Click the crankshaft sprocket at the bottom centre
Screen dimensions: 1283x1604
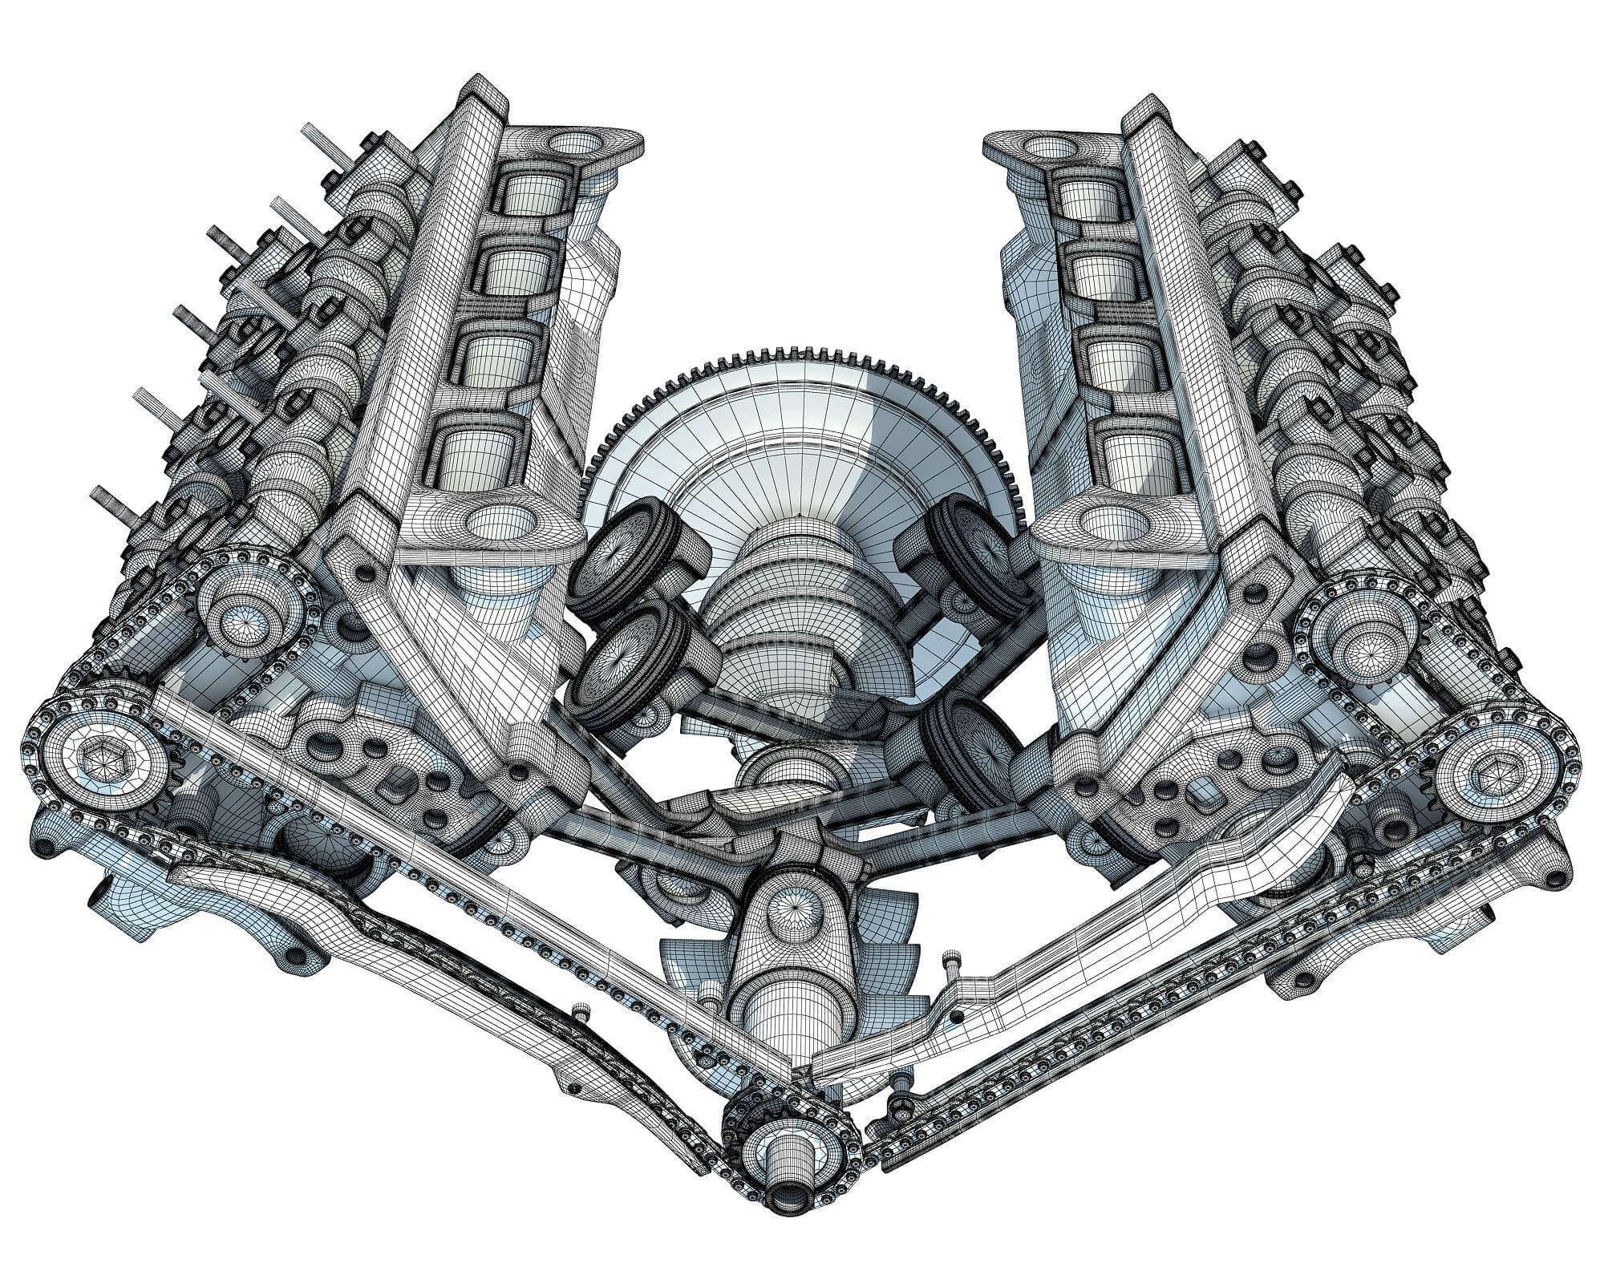(790, 1143)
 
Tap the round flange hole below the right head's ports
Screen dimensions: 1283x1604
(1107, 521)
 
